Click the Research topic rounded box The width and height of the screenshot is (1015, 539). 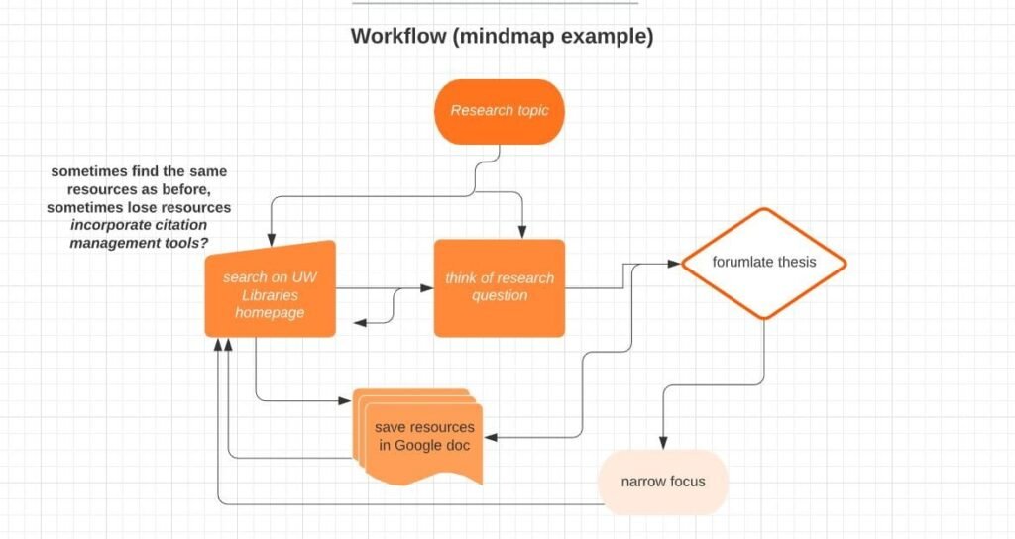(499, 111)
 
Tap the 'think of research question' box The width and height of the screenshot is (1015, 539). (500, 287)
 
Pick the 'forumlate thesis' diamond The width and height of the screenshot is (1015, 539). (763, 263)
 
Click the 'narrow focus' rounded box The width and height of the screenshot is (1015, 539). (663, 483)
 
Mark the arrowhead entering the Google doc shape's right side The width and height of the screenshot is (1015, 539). (489, 437)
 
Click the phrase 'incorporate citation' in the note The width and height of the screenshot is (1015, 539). (140, 225)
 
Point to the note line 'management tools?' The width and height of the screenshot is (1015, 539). (139, 243)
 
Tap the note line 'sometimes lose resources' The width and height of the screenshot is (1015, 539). (139, 207)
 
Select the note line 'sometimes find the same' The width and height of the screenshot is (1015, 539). (139, 171)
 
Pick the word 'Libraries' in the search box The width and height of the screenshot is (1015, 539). (269, 295)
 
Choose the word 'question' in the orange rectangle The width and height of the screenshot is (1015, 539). (500, 295)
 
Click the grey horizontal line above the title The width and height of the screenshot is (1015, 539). (496, 3)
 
